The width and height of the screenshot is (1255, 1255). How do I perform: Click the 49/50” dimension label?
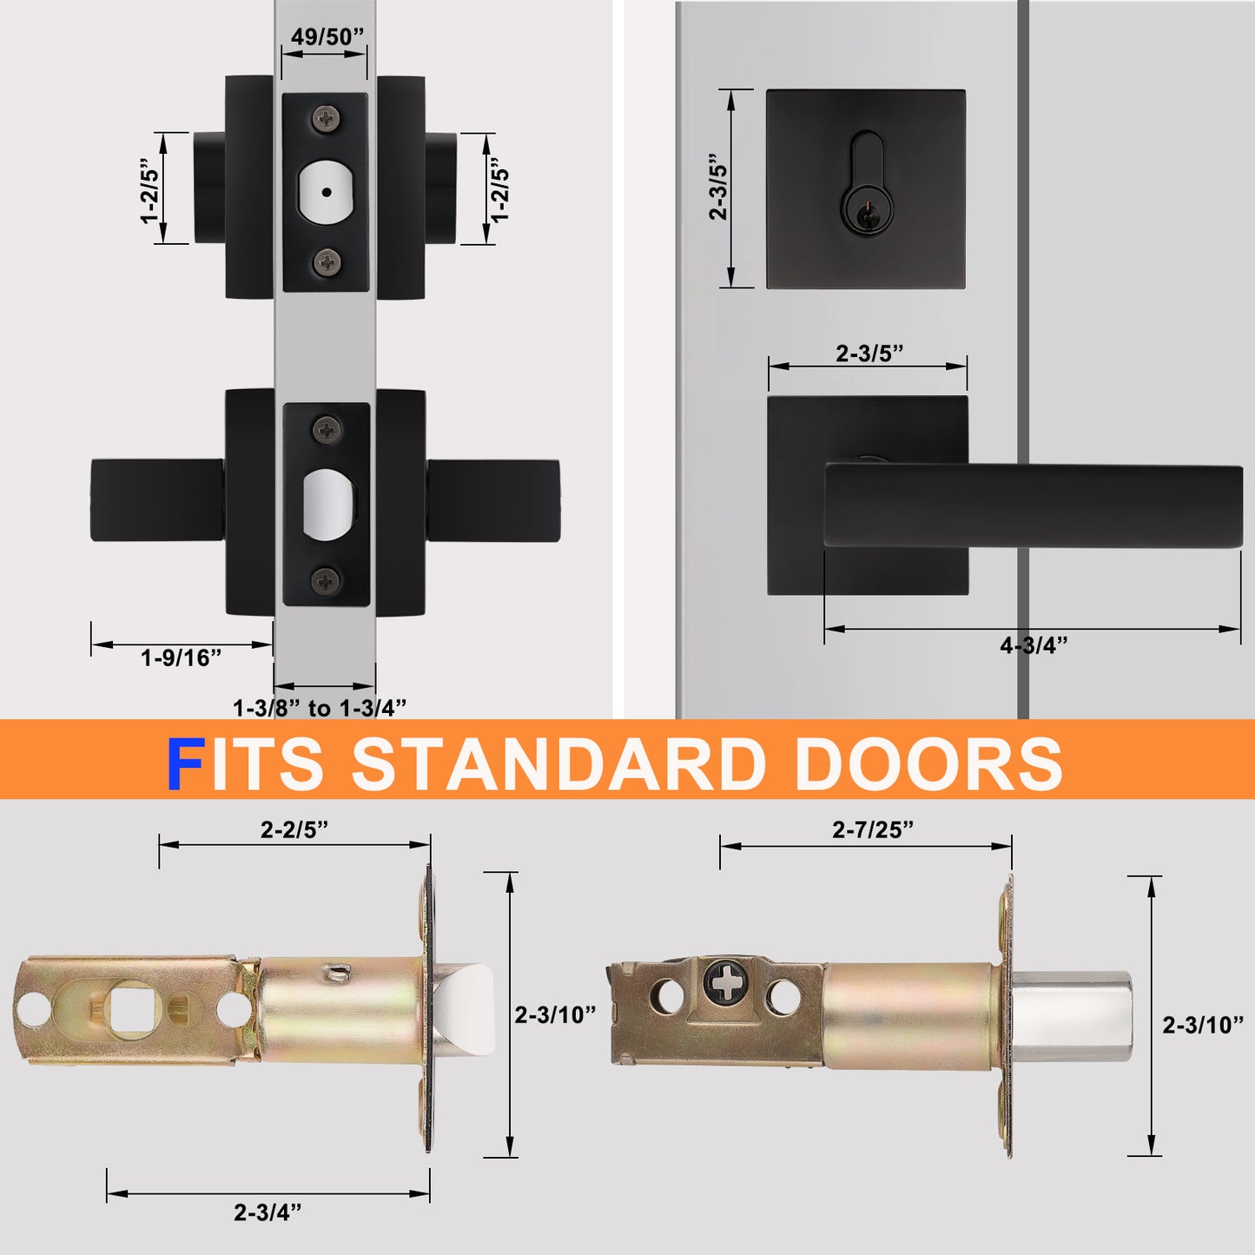coord(327,36)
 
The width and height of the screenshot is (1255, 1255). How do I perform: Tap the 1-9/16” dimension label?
coord(181,657)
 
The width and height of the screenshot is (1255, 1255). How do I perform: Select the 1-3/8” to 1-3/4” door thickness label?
coord(320,707)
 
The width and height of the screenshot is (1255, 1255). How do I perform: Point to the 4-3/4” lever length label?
coord(1034,644)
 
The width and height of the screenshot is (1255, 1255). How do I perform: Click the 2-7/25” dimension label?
coord(873,829)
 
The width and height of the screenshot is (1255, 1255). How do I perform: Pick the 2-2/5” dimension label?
coord(294,829)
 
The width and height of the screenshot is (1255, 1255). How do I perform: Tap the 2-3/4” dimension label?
coord(268,1212)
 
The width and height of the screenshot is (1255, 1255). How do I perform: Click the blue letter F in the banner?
coord(186,763)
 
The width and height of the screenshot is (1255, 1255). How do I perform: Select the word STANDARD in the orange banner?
coord(559,763)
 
